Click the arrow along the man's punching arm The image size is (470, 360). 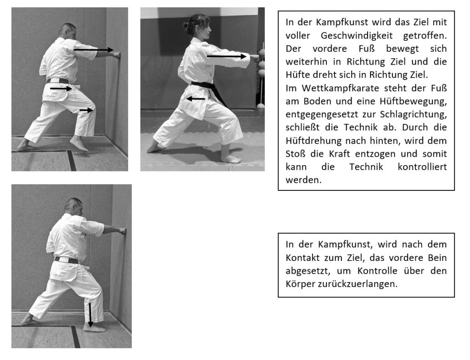pyautogui.click(x=94, y=50)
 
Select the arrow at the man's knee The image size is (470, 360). pyautogui.click(x=86, y=110)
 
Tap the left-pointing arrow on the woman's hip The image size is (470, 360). pyautogui.click(x=196, y=99)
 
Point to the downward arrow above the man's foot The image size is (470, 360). pyautogui.click(x=90, y=315)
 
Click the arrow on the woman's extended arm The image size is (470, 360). pyautogui.click(x=227, y=56)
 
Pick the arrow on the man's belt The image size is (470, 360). pyautogui.click(x=61, y=89)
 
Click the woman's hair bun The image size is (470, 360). pyautogui.click(x=186, y=26)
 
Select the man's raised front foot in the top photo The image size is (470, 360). pyautogui.click(x=79, y=144)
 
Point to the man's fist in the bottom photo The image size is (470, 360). pyautogui.click(x=122, y=231)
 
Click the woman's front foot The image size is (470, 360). pyautogui.click(x=231, y=159)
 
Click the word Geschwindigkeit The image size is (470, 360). pyautogui.click(x=356, y=35)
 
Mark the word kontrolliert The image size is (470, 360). pyautogui.click(x=422, y=166)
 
